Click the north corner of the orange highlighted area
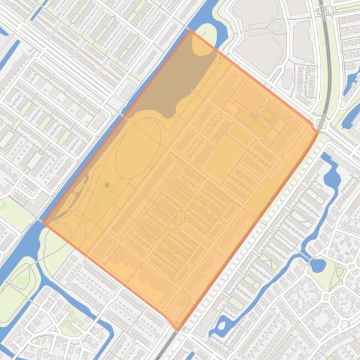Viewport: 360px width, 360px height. click(x=190, y=31)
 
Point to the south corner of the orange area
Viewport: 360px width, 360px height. click(x=177, y=329)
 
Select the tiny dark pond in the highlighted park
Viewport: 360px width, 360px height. click(x=107, y=185)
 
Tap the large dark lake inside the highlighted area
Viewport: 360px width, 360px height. click(x=187, y=75)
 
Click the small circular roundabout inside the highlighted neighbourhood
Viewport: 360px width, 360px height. click(x=177, y=221)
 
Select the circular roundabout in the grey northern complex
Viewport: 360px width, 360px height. click(x=277, y=27)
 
